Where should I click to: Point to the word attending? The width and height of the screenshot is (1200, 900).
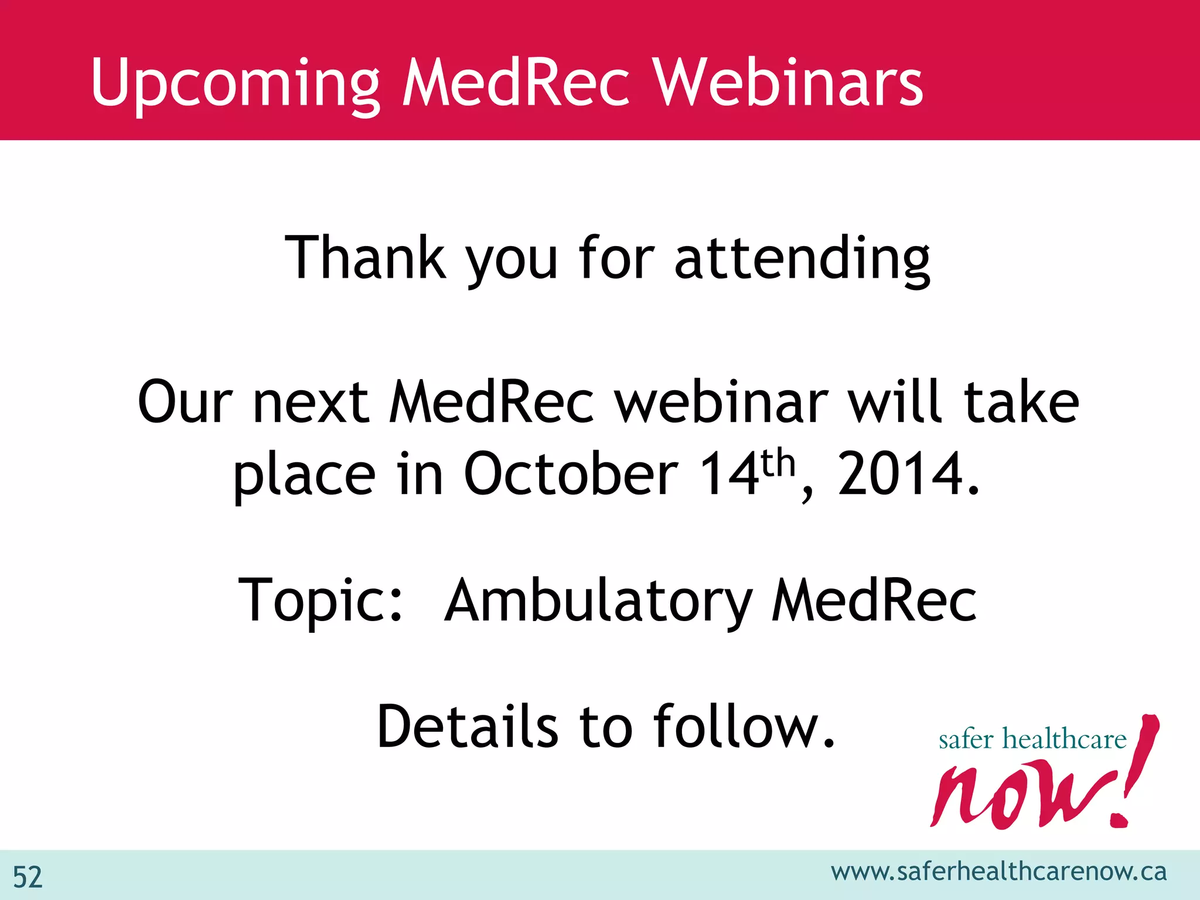coord(802,258)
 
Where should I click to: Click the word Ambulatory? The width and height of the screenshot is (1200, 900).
coord(598,601)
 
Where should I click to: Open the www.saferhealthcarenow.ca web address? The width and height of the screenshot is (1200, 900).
coord(998,872)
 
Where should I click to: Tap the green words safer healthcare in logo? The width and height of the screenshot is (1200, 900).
coord(1032,739)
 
